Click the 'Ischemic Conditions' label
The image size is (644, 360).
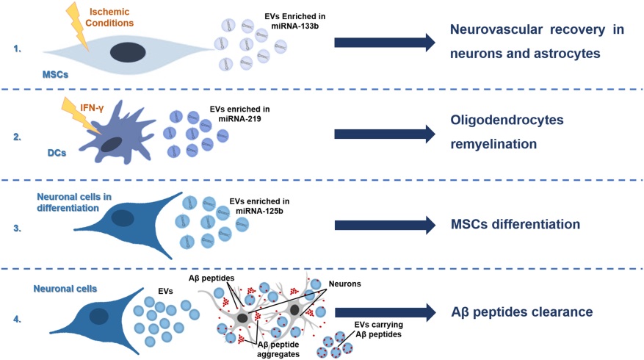[109, 17]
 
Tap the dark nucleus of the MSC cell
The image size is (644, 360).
[128, 53]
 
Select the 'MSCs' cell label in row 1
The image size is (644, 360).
[56, 75]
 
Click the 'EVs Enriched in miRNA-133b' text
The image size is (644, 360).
[295, 21]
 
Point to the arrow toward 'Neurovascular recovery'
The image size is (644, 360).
[385, 43]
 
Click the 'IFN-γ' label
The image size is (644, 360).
[92, 109]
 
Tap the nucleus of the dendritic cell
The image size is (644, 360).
[112, 145]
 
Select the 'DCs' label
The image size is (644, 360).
[57, 153]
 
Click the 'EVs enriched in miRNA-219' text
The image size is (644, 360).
[240, 114]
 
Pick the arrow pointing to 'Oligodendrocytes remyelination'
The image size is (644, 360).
[385, 134]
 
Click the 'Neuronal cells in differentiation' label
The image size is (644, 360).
[74, 203]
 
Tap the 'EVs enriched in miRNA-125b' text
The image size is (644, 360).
[259, 206]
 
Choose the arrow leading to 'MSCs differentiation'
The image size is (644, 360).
[385, 225]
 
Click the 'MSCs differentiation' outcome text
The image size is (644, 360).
[515, 224]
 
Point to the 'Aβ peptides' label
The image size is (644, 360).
[211, 278]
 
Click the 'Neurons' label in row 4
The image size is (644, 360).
[344, 284]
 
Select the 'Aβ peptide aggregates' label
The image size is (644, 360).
[278, 349]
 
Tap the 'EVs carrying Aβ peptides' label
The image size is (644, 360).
[379, 330]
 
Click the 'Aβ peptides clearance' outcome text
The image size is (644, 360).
[521, 312]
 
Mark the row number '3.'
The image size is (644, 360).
[17, 228]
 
